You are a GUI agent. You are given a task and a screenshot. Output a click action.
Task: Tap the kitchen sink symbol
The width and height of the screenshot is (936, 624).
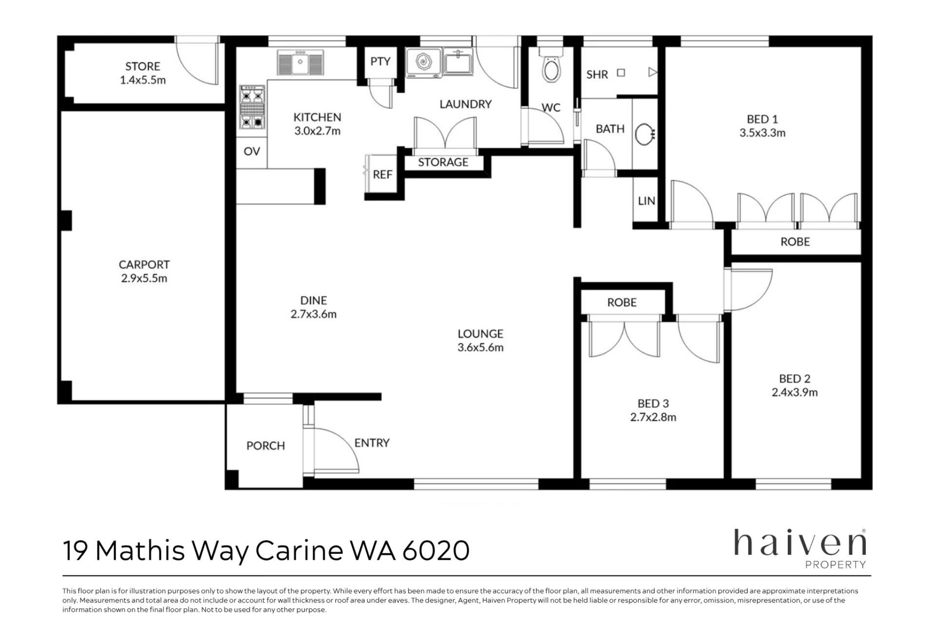coord(300,62)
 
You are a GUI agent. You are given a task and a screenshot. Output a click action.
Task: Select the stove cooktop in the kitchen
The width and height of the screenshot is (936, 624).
coord(252,107)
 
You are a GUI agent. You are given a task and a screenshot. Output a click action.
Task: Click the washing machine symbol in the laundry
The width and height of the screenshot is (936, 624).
coord(423,62)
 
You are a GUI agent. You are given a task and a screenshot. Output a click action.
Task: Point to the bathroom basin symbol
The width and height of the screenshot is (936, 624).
coord(645,133)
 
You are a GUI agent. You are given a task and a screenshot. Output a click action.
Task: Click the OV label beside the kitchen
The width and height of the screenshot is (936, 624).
coord(252,151)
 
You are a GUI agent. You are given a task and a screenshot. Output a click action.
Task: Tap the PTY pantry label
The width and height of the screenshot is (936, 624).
coord(380,61)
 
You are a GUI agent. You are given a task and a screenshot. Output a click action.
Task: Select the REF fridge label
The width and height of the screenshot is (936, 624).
coord(383,175)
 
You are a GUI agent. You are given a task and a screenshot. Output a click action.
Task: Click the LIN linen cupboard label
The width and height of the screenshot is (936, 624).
coord(646,201)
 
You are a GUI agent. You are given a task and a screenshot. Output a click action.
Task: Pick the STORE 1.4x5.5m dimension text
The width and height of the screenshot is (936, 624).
coord(143,80)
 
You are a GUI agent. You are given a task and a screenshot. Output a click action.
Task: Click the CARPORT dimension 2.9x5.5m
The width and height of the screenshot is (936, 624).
coord(144,278)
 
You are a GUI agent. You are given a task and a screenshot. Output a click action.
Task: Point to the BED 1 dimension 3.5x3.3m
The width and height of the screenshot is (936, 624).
coord(762,133)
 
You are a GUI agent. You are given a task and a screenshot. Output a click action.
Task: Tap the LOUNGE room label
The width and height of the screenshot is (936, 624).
coord(480,334)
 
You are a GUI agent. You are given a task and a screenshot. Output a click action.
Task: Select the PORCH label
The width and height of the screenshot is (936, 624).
coord(266,446)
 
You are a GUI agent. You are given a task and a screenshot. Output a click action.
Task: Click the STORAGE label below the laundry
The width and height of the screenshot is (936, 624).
coord(443,162)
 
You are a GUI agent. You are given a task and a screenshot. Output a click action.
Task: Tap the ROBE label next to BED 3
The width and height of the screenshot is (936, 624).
coord(622,302)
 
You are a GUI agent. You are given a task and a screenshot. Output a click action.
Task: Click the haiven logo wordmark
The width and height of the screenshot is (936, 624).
coord(800,543)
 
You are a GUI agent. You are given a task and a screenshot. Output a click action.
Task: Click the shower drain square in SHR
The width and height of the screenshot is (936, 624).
coord(621,73)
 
